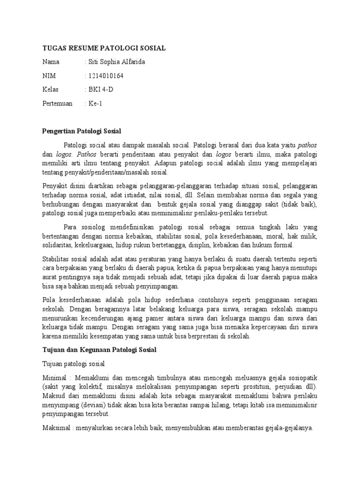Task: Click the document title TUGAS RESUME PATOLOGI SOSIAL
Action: coord(104,48)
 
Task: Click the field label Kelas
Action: coord(51,90)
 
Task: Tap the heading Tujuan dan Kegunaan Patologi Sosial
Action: coord(99,350)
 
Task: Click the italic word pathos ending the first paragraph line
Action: coord(307,144)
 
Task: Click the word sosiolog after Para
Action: coord(97,228)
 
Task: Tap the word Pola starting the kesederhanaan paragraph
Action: coord(49,300)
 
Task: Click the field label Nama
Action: coord(51,62)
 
